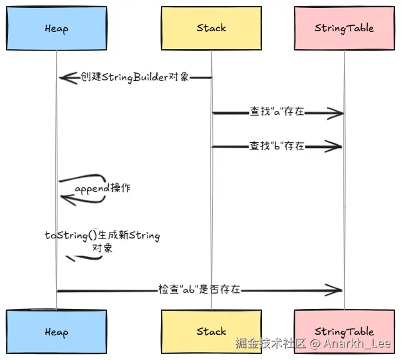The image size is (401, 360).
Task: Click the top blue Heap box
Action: coord(56,29)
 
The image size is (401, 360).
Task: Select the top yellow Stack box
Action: coord(211,29)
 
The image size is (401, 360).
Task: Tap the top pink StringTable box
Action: coord(344,29)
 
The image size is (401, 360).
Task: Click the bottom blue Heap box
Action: coord(56,331)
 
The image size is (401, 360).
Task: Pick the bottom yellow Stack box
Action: coord(211,331)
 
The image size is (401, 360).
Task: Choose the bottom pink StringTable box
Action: coord(344,331)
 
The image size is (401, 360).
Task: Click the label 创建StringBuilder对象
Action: coord(135,77)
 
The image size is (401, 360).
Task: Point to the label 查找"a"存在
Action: coord(277,112)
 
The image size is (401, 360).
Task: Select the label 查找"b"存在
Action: coord(277,146)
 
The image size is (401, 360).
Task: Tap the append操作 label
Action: coord(102,189)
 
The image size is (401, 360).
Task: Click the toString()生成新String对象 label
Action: coord(102,241)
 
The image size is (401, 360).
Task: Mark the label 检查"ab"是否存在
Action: coord(199,290)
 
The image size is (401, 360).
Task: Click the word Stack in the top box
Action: coord(211,29)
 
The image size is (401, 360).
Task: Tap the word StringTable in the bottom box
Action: coord(344,331)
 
